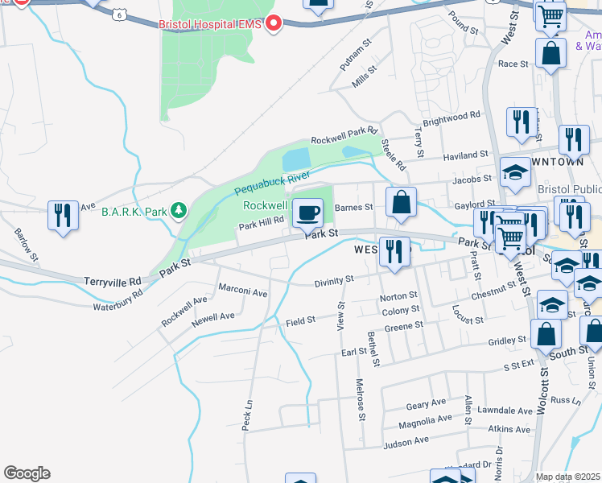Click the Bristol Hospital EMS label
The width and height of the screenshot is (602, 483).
210,24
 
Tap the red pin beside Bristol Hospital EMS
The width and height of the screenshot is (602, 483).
274,24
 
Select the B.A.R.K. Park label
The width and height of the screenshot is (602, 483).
134,212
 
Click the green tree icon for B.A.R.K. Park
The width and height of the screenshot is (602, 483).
178,212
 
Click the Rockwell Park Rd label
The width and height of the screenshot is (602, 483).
344,134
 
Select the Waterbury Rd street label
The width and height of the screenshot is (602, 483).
118,301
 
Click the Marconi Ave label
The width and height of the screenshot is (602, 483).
242,292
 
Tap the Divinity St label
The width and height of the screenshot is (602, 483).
334,279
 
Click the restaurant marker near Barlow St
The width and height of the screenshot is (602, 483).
63,215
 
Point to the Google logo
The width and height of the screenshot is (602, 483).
27,473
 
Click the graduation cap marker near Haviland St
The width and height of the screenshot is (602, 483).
515,171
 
